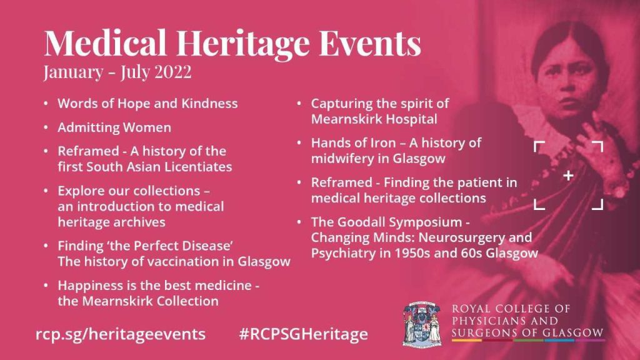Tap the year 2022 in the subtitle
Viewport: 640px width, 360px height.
tap(172, 72)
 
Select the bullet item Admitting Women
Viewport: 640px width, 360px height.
tap(114, 127)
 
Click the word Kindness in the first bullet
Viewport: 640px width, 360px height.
tap(209, 103)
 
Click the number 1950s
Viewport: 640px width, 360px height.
tap(412, 253)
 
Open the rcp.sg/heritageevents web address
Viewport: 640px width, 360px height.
tap(121, 334)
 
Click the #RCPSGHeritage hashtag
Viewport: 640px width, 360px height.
tap(303, 334)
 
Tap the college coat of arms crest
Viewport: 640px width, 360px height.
tap(422, 324)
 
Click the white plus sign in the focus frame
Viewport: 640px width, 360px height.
tap(568, 176)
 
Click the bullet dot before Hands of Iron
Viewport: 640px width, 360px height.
tap(299, 143)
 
